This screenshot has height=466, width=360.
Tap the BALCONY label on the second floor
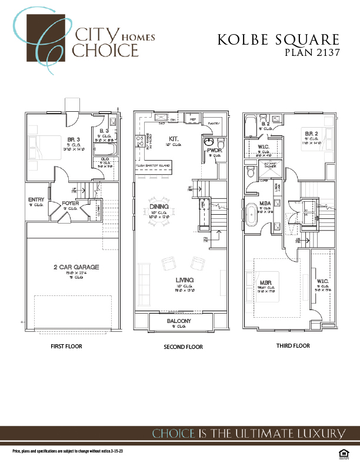click(178, 321)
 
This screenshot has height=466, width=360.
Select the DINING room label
click(159, 207)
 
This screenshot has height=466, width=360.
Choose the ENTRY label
click(36, 200)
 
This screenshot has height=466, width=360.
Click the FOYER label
click(71, 203)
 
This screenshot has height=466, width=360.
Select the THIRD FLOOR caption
click(293, 346)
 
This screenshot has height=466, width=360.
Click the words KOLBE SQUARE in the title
click(278, 40)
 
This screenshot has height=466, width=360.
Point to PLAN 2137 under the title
click(312, 52)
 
